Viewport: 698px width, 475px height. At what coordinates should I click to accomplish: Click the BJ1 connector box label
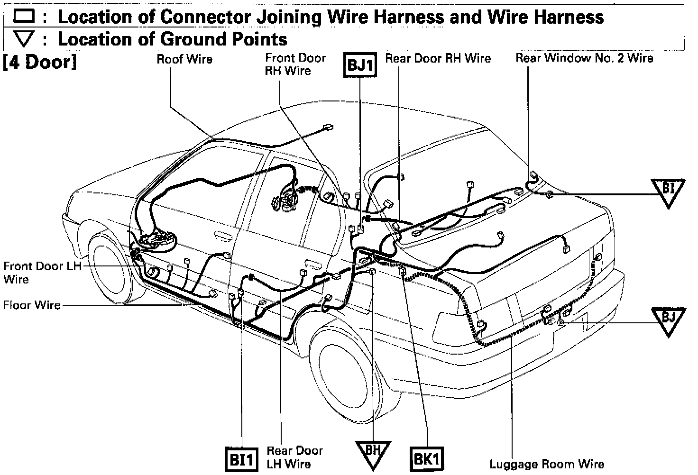pos(360,64)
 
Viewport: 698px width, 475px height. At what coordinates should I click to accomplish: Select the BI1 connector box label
pos(241,459)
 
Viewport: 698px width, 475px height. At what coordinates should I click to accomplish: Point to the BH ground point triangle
pos(373,452)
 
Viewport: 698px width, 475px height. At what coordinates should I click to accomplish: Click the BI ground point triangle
pos(668,190)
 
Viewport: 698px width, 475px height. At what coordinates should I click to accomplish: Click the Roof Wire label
pos(184,59)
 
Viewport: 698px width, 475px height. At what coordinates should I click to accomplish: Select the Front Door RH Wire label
pos(295,64)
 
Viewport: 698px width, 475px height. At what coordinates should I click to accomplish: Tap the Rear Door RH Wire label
pos(438,58)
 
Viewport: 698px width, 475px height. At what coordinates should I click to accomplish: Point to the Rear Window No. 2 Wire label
pos(584,58)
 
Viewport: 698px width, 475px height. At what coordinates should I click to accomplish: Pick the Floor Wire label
pos(32,305)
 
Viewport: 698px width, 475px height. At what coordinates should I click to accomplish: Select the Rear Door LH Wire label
pos(294,457)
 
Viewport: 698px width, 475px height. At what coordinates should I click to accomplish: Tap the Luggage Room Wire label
pos(547,464)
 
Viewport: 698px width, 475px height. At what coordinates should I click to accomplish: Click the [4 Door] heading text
pos(40,63)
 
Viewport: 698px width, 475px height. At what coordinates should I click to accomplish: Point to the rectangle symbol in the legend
pos(24,17)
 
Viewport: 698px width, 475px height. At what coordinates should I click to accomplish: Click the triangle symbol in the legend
pos(24,38)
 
